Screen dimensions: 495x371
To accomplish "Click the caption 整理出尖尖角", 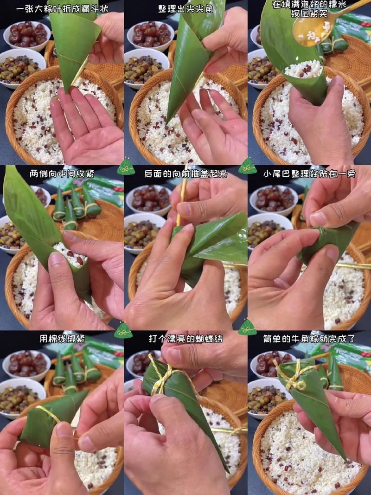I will point(185,9).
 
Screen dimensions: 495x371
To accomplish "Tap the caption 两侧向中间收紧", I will point(62,174).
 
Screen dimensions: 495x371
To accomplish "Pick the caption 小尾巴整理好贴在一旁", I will point(309,174).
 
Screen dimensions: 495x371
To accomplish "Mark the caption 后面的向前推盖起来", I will point(185,174).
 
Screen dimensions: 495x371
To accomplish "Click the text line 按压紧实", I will point(309,14).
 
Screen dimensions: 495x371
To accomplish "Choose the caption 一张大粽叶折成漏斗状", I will point(62,9).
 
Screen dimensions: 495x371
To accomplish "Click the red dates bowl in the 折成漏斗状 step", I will point(27,34).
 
